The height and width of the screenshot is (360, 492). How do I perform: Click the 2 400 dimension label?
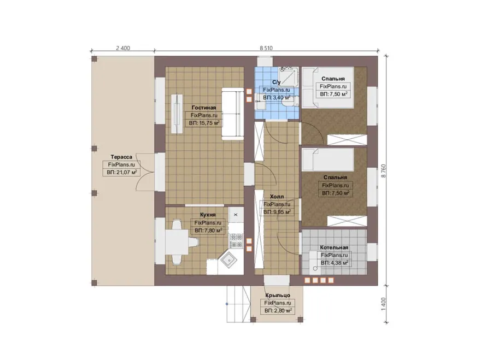coord(123,48)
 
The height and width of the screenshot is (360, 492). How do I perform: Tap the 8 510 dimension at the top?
coord(266,48)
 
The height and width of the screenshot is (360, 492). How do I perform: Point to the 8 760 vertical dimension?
coord(383,171)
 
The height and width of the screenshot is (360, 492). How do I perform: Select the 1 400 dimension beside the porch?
coord(383,304)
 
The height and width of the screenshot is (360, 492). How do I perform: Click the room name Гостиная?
coord(204,108)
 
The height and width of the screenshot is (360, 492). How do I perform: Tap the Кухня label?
coord(208,215)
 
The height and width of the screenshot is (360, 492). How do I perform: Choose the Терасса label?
coord(121,157)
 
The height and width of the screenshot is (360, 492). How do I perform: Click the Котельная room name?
coord(334,247)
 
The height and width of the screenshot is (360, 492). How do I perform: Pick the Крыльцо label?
coord(278,295)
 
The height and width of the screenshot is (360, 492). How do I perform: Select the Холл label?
coord(277,197)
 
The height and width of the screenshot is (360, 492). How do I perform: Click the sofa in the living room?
coord(232,114)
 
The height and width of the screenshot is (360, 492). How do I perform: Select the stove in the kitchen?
coord(236,240)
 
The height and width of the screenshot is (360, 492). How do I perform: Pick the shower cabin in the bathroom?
coord(288,76)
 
